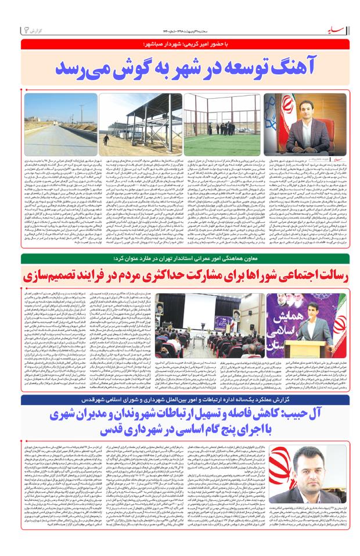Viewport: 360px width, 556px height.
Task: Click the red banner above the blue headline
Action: pos(180,44)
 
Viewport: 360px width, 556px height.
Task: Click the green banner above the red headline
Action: pos(180,257)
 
